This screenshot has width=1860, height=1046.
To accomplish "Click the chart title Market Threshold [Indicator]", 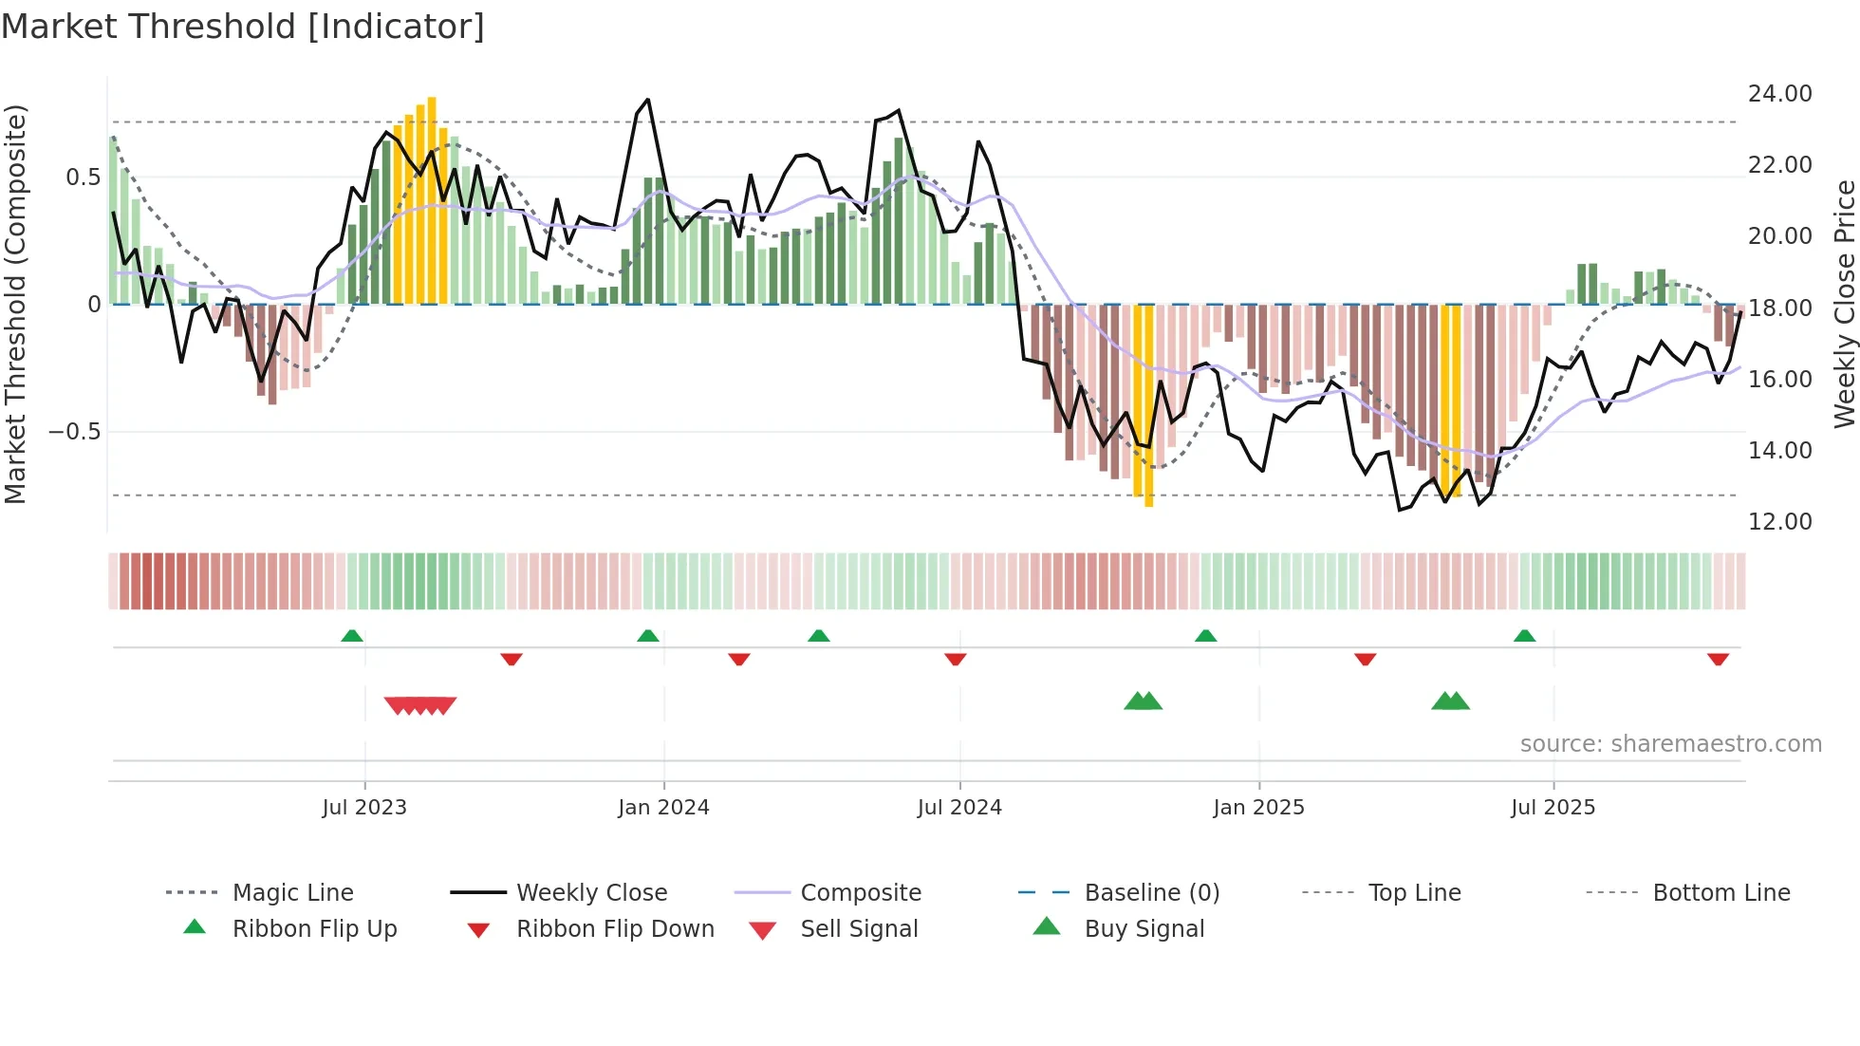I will tap(243, 27).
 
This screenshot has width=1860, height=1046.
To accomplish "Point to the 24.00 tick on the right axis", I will tap(1779, 94).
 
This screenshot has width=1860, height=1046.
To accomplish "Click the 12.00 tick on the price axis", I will tap(1779, 522).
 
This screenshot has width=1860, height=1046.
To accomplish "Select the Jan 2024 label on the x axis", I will tap(663, 808).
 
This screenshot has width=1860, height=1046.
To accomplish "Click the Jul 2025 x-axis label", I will tap(1553, 808).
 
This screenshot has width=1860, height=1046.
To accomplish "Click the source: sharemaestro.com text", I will tap(1670, 744).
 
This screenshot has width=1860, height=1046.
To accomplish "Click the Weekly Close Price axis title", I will tap(1844, 304).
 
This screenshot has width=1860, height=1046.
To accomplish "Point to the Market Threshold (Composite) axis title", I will tap(15, 304).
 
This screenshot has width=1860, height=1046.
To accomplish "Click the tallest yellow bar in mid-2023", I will tap(432, 199).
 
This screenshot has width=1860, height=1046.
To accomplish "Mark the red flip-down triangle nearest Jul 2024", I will tap(956, 659).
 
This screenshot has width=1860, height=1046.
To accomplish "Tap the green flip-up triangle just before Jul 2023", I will tap(352, 636).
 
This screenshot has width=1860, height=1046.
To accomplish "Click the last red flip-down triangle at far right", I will tap(1718, 659).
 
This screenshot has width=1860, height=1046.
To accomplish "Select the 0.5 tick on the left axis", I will tap(83, 177).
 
